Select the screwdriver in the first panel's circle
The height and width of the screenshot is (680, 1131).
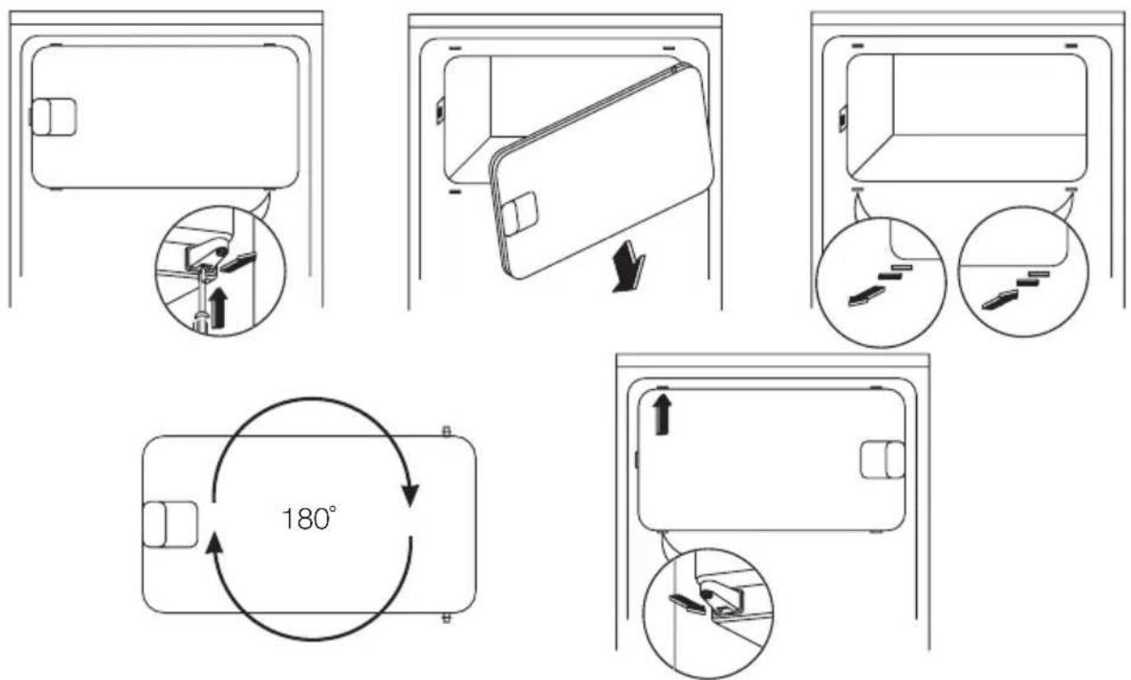pos(202,303)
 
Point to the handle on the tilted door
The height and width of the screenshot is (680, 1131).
pos(519,214)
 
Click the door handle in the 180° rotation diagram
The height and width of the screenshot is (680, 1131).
pos(169,523)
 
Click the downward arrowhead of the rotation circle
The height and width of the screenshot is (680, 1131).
pos(410,493)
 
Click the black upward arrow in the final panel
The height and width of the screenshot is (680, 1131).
pos(660,414)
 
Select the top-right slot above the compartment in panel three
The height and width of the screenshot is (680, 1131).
pos(1070,44)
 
